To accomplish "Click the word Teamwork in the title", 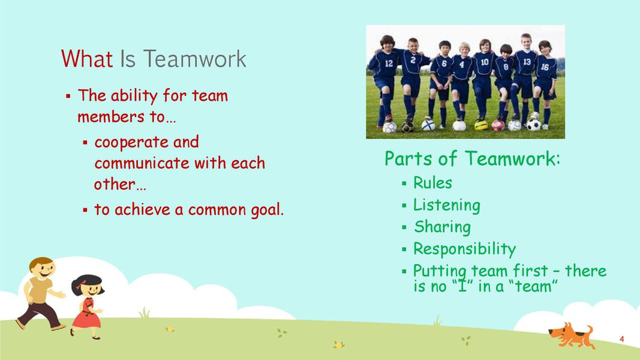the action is (x=195, y=59).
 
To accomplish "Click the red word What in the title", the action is (x=86, y=59).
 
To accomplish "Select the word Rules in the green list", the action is (x=432, y=183).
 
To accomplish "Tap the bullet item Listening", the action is (x=446, y=205).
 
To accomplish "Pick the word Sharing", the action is (x=443, y=227).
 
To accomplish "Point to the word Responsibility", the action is (x=464, y=249).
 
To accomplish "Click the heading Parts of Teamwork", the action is (x=472, y=158).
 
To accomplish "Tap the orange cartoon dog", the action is (x=572, y=335).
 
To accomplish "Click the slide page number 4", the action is (x=621, y=339).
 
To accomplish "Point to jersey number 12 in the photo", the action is (x=389, y=64).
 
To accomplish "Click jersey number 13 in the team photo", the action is (x=527, y=62).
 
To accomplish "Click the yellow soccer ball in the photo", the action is (x=481, y=125).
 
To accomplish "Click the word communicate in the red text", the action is (x=142, y=163).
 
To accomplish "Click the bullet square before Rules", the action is (x=404, y=183).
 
